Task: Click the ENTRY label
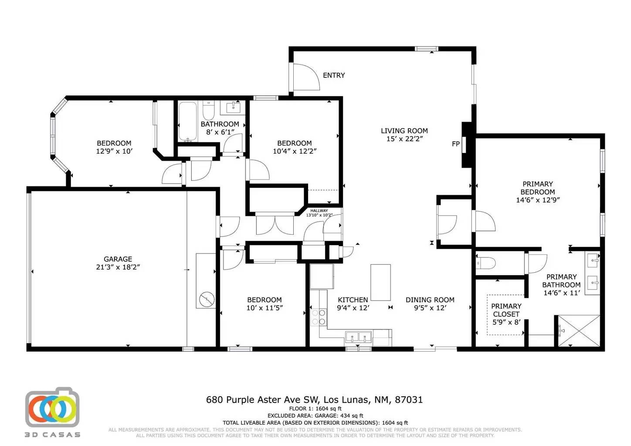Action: [334, 75]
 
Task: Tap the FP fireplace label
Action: [456, 144]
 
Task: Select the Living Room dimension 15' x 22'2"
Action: [404, 139]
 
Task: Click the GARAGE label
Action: [118, 259]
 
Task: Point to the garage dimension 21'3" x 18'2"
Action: [118, 267]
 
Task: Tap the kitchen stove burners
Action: [319, 317]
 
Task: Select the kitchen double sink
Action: [358, 337]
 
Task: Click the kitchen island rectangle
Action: [380, 282]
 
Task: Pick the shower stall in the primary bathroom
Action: [579, 331]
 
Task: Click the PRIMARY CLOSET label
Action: [506, 310]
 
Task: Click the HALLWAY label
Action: [319, 211]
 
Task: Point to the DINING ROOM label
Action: [430, 300]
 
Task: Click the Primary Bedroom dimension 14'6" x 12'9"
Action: [538, 200]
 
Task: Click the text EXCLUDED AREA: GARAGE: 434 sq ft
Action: [315, 416]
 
